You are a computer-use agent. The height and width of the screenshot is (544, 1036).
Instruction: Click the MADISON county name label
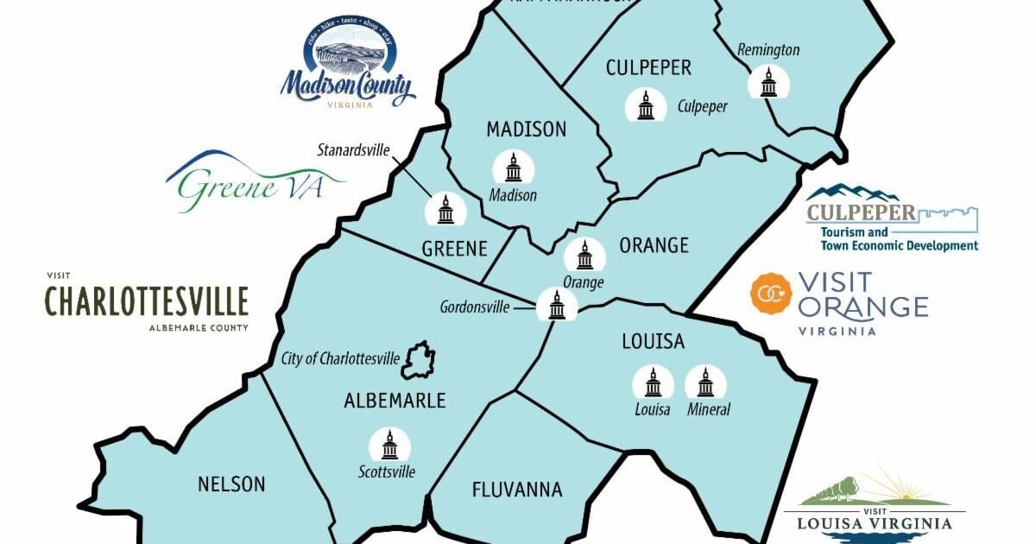pyautogui.click(x=526, y=130)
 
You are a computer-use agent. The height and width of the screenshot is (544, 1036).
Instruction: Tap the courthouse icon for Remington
pyautogui.click(x=768, y=82)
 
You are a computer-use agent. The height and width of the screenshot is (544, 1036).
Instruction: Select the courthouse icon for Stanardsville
pyautogui.click(x=445, y=209)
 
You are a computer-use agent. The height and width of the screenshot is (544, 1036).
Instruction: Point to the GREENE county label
pyautogui.click(x=454, y=250)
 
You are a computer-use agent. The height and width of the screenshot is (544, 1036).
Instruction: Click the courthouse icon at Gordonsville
pyautogui.click(x=557, y=304)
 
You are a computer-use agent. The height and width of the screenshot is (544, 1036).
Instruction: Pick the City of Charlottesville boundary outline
pyautogui.click(x=418, y=360)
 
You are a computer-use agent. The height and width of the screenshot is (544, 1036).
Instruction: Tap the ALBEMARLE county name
pyautogui.click(x=395, y=401)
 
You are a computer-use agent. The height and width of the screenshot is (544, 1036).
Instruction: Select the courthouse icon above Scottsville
pyautogui.click(x=389, y=445)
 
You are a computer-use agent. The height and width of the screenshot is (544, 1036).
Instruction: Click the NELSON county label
pyautogui.click(x=231, y=484)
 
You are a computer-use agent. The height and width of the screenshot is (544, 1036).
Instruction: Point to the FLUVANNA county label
pyautogui.click(x=517, y=490)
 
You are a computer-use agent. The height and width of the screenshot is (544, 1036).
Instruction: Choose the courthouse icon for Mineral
pyautogui.click(x=705, y=383)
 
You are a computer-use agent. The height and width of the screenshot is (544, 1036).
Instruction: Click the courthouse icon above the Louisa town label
pyautogui.click(x=653, y=383)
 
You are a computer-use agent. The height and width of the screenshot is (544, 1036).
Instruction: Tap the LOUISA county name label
pyautogui.click(x=653, y=342)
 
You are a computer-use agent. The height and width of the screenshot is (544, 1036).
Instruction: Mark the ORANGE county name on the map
pyautogui.click(x=654, y=246)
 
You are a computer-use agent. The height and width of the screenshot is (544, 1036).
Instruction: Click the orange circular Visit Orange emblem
pyautogui.click(x=771, y=294)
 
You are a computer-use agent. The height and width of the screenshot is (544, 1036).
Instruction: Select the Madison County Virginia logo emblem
pyautogui.click(x=348, y=67)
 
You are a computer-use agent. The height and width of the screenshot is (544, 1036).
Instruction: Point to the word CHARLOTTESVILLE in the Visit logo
pyautogui.click(x=147, y=301)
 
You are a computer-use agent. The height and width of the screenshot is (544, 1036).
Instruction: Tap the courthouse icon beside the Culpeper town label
pyautogui.click(x=646, y=105)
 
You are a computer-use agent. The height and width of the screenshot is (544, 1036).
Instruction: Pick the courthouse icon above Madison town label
pyautogui.click(x=513, y=168)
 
